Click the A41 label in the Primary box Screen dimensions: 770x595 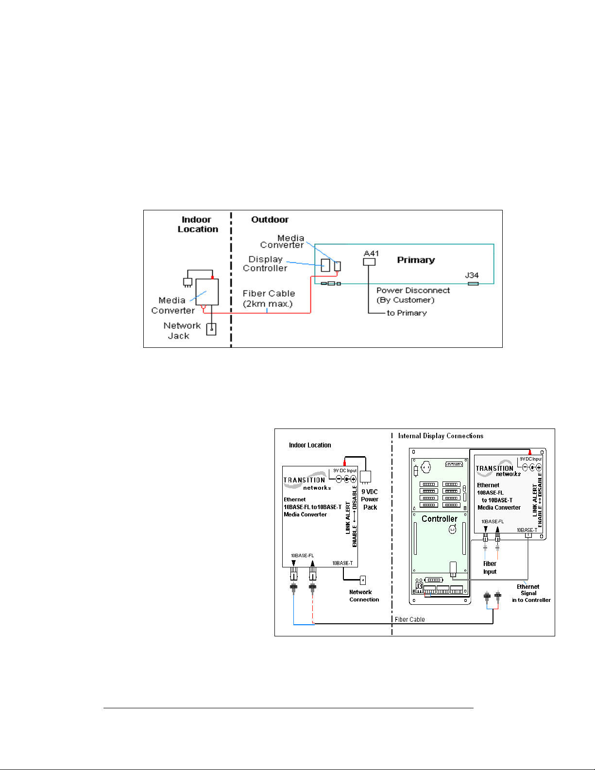click(x=371, y=253)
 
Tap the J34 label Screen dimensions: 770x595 click(x=472, y=275)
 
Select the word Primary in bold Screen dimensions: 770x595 click(x=416, y=260)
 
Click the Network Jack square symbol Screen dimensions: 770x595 click(x=211, y=329)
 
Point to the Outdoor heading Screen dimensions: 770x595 click(x=270, y=220)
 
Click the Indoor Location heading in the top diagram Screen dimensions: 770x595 click(x=197, y=224)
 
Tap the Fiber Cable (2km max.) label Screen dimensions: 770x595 click(x=269, y=298)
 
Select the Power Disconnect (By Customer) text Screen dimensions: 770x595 click(x=412, y=295)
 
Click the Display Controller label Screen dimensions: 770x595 click(x=265, y=264)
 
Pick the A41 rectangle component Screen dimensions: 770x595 click(x=369, y=262)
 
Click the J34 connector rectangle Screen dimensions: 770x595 click(x=473, y=284)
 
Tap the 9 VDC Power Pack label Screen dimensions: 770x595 click(x=370, y=499)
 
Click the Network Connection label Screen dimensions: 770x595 click(x=364, y=596)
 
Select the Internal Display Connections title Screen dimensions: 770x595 click(x=441, y=436)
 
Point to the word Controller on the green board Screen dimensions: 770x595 click(x=439, y=519)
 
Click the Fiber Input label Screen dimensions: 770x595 click(x=490, y=567)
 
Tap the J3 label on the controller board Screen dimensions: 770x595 click(x=419, y=586)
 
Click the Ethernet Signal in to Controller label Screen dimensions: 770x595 click(x=530, y=593)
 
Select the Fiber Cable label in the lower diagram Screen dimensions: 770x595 click(x=409, y=619)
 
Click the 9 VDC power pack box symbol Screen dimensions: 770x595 click(x=365, y=476)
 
